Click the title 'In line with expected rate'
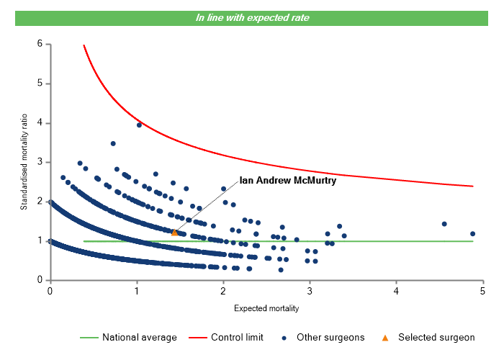[253, 17]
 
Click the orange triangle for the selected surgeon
[174, 232]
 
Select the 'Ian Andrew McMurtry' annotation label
[287, 181]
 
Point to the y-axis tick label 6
[40, 44]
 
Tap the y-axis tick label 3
[40, 162]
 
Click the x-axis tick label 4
[397, 291]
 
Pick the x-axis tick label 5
[482, 291]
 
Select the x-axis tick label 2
[223, 291]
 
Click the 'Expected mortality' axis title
[266, 308]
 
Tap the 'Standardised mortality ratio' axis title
[24, 161]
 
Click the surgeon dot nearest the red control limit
[139, 125]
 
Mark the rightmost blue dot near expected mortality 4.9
[472, 233]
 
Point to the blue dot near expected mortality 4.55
[444, 224]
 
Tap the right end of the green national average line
[473, 241]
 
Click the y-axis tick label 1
[40, 241]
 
